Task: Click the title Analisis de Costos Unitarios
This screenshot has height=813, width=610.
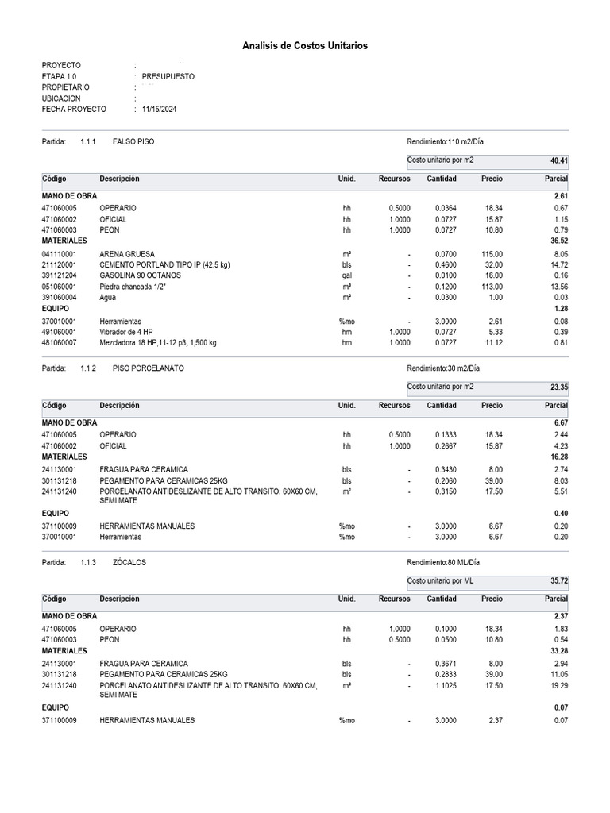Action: pyautogui.click(x=305, y=47)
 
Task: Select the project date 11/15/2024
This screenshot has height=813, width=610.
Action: pyautogui.click(x=159, y=110)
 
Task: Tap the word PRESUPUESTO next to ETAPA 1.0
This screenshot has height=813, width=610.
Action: pyautogui.click(x=168, y=76)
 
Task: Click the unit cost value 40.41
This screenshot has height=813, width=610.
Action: pyautogui.click(x=559, y=161)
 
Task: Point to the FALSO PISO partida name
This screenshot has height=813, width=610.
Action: pyautogui.click(x=134, y=141)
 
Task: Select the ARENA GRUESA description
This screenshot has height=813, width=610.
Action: pyautogui.click(x=128, y=254)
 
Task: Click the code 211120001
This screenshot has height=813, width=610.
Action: pyautogui.click(x=60, y=264)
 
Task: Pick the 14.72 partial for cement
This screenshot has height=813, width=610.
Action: pyautogui.click(x=558, y=264)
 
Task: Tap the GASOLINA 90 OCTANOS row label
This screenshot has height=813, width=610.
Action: pyautogui.click(x=140, y=275)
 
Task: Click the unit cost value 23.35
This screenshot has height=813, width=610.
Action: pyautogui.click(x=559, y=387)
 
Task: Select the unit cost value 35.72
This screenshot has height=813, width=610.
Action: pyautogui.click(x=559, y=582)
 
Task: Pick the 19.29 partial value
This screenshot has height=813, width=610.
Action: pyautogui.click(x=558, y=686)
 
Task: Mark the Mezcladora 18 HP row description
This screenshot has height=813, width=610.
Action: pyautogui.click(x=158, y=343)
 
